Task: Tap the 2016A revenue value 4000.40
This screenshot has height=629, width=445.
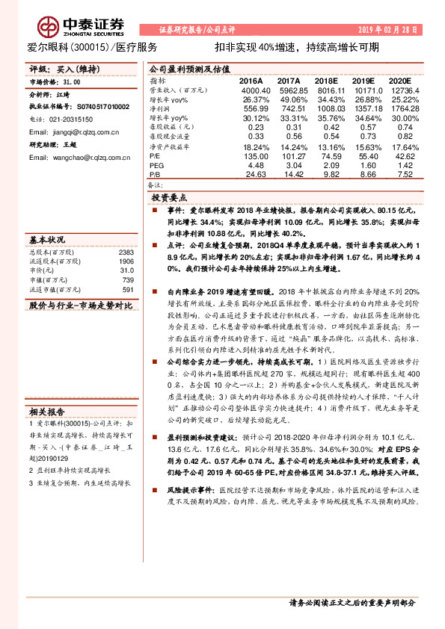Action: (x=251, y=89)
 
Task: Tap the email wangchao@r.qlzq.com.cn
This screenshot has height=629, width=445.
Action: (x=76, y=158)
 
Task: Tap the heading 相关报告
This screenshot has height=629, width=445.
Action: (x=48, y=411)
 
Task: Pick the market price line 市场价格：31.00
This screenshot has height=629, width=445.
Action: (x=57, y=81)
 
